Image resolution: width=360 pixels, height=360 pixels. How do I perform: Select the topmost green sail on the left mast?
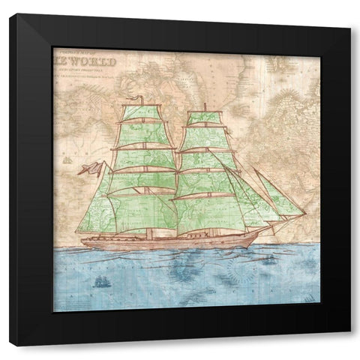click(x=143, y=112)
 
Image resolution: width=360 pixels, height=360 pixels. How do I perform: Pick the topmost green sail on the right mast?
click(x=203, y=118)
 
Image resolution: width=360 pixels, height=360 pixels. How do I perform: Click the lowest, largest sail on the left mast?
click(x=142, y=213)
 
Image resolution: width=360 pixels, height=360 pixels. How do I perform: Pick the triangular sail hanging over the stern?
click(x=94, y=214)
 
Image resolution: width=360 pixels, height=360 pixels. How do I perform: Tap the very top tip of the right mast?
click(x=204, y=104)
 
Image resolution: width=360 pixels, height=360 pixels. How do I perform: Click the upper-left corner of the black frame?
click(x=10, y=14)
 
